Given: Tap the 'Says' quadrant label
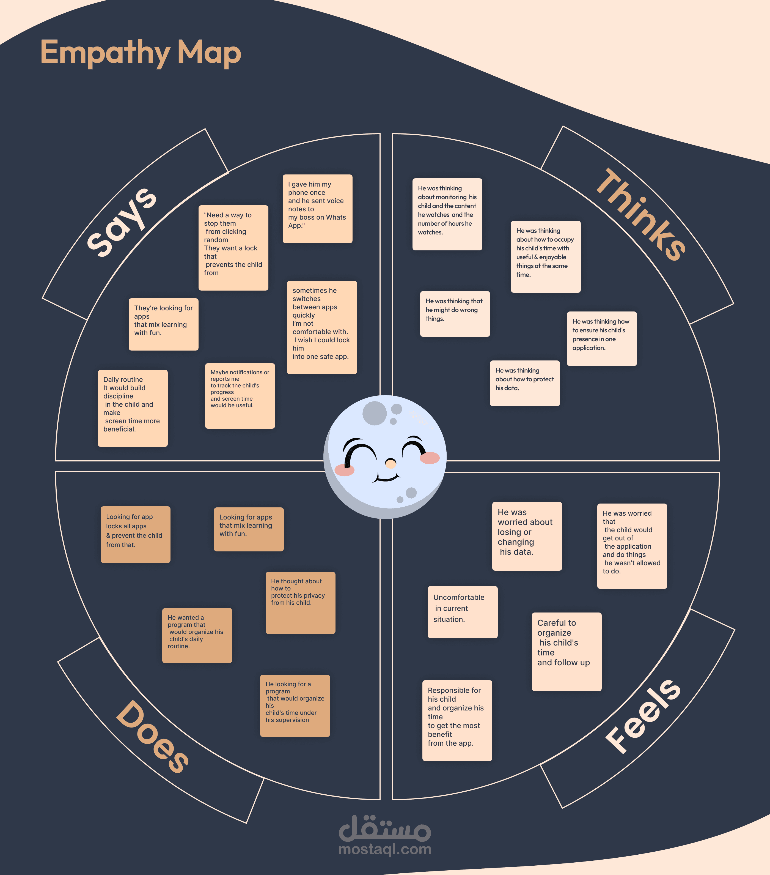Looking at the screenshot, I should click(122, 223).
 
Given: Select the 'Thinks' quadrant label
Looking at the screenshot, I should click(640, 214).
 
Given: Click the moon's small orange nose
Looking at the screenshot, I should click(391, 463).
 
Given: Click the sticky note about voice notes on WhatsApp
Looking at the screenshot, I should click(317, 209).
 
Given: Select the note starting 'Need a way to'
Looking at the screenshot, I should click(233, 247).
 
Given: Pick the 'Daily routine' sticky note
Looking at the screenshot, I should click(133, 408).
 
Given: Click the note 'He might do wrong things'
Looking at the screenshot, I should click(455, 314).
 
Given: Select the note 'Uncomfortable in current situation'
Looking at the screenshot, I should click(463, 612).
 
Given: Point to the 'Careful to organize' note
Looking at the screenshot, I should click(566, 651).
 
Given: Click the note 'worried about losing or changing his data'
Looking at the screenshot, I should click(527, 536).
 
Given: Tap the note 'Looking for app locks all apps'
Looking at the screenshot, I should click(135, 534).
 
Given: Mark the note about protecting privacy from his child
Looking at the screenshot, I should click(300, 602).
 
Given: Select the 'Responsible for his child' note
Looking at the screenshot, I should click(457, 720).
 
